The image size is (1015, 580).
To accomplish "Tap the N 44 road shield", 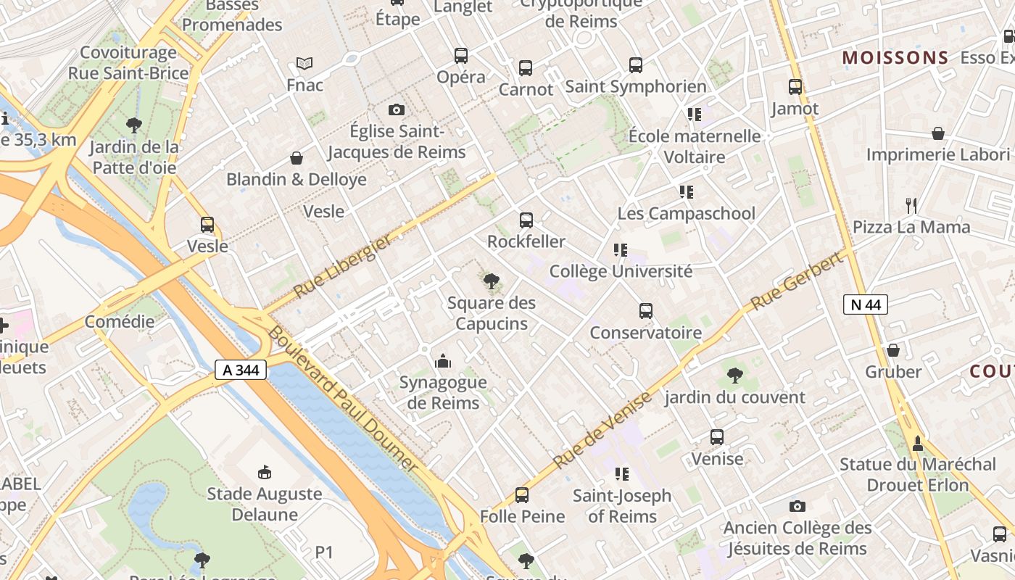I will pyautogui.click(x=866, y=304).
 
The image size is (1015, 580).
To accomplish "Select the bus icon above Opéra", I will pyautogui.click(x=461, y=56).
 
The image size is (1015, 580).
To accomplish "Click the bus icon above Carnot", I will pyautogui.click(x=526, y=68).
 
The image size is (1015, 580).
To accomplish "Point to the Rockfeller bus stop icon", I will pyautogui.click(x=526, y=220).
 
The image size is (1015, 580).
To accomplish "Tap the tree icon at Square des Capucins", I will pyautogui.click(x=492, y=281).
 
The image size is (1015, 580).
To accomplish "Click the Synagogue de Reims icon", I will pyautogui.click(x=443, y=360).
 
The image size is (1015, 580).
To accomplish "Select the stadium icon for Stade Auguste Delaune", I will pyautogui.click(x=265, y=473).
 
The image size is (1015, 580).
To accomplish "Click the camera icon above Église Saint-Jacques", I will pyautogui.click(x=396, y=109).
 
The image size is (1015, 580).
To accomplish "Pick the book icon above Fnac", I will pyautogui.click(x=304, y=64).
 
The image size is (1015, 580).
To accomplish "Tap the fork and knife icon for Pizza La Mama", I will pyautogui.click(x=911, y=206).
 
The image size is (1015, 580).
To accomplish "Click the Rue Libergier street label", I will pyautogui.click(x=343, y=266).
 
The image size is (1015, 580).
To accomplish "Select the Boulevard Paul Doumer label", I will pyautogui.click(x=343, y=399).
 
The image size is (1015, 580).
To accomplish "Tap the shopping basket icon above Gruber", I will pyautogui.click(x=893, y=350).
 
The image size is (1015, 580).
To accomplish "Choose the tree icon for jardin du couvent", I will pyautogui.click(x=734, y=376).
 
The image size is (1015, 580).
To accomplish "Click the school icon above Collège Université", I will pyautogui.click(x=621, y=250).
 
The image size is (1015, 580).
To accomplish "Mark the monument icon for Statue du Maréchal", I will pyautogui.click(x=918, y=443).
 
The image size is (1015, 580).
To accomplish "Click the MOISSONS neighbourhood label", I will pyautogui.click(x=895, y=58).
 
